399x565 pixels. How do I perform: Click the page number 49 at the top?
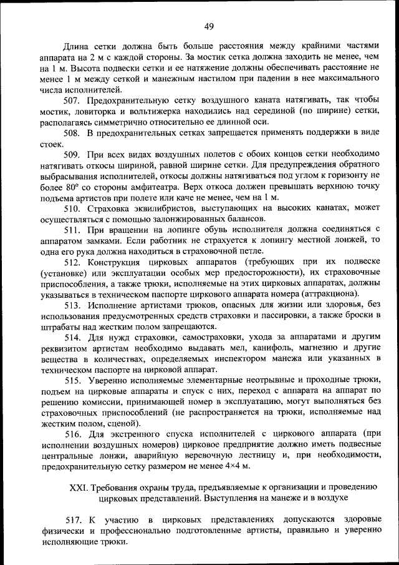pos(208,26)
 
